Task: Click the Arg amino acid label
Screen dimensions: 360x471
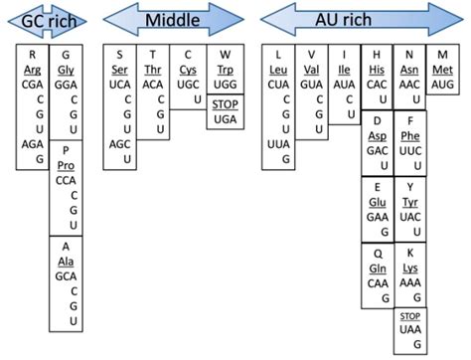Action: [33, 69]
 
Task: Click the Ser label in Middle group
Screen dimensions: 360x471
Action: [120, 69]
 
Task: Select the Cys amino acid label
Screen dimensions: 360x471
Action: [188, 69]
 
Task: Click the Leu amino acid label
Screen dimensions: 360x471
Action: [279, 69]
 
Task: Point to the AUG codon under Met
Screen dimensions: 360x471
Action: [441, 85]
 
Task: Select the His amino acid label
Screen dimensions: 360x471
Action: [377, 69]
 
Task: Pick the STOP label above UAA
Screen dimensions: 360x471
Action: [409, 316]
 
